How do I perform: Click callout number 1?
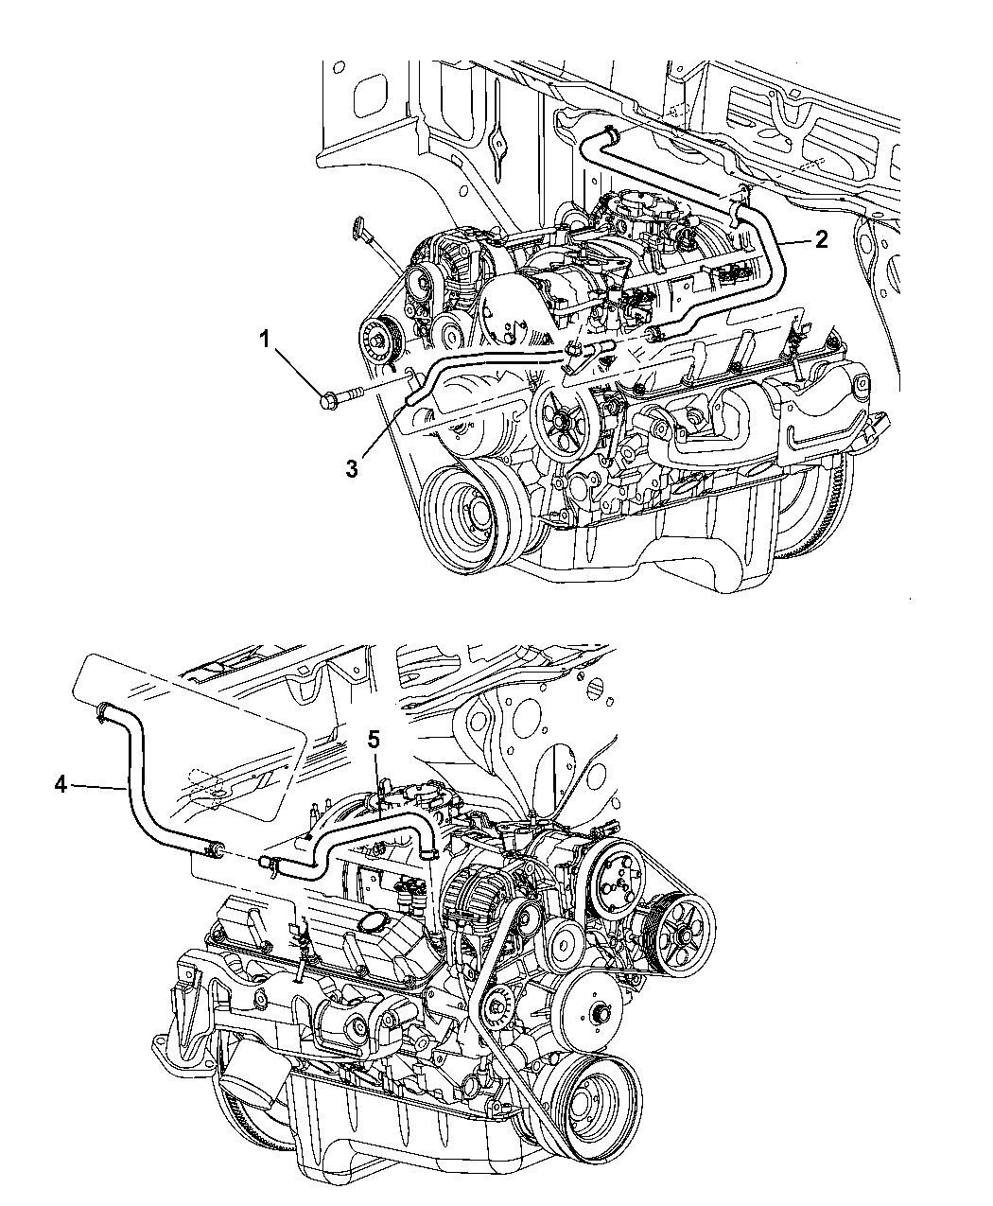tap(265, 340)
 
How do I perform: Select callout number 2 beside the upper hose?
tap(821, 238)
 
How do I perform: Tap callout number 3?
tap(352, 468)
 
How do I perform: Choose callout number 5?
tap(374, 740)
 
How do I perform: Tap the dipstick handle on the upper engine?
tap(358, 228)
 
